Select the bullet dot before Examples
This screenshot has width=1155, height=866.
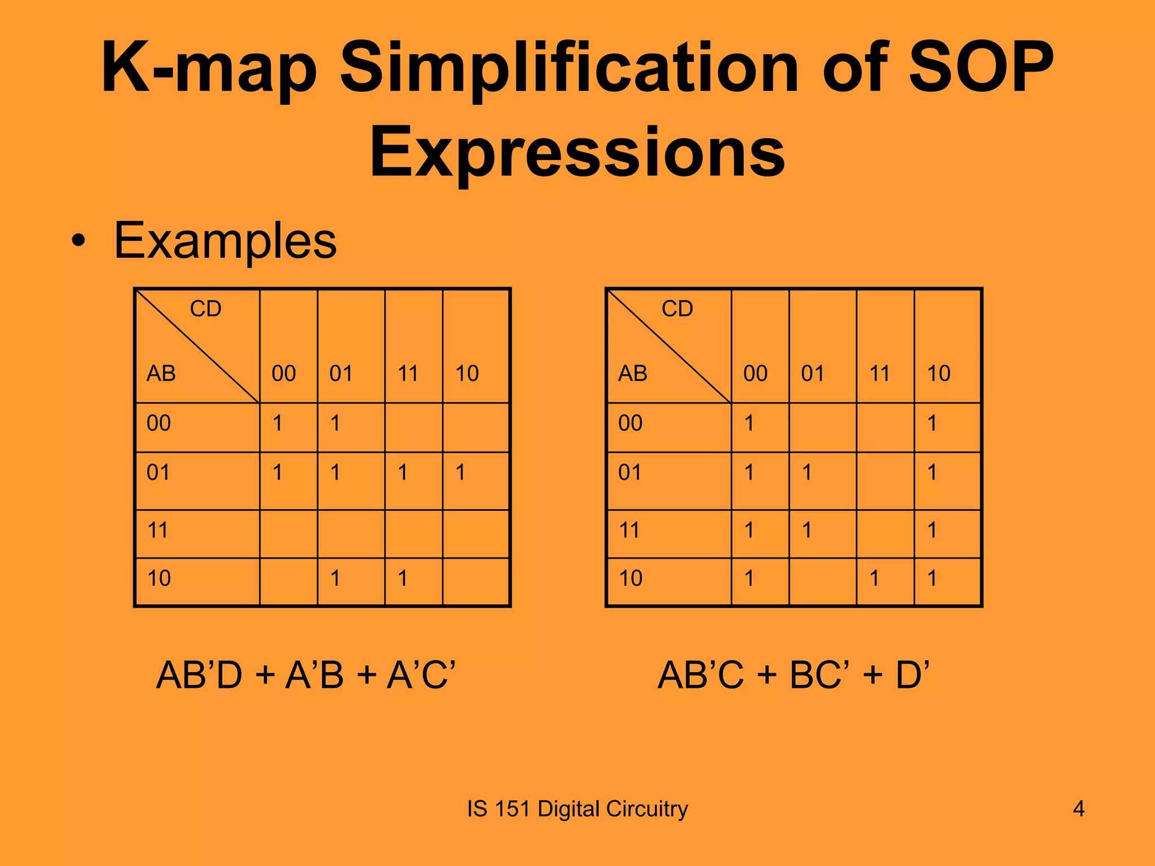coord(79,241)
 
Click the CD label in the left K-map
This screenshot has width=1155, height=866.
coord(205,309)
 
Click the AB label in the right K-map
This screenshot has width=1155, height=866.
coord(632,373)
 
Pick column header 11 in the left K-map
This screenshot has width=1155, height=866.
coord(408,373)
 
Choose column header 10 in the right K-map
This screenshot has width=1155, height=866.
coord(938,373)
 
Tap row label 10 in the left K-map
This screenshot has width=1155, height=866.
coord(158,578)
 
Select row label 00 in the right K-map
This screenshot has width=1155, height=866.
coord(630,423)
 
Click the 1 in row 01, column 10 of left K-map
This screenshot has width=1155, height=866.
coord(461,472)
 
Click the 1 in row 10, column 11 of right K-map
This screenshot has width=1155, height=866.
coord(874,578)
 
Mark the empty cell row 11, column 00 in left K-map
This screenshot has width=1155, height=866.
coord(288,533)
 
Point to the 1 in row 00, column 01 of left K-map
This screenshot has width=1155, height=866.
coord(336,423)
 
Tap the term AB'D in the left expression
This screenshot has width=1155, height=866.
coord(199,675)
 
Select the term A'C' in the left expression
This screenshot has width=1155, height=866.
coord(421,675)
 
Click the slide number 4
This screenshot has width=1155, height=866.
coord(1078,809)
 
